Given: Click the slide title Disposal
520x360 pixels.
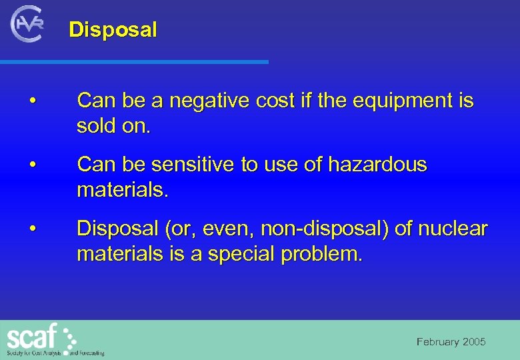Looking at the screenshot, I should click(113, 30).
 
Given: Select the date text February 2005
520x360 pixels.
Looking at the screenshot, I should click(451, 342).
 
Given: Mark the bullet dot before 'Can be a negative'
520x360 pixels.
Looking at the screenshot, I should click(32, 102).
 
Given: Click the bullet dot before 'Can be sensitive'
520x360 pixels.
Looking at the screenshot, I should click(32, 165).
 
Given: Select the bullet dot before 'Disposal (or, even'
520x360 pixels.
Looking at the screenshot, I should click(32, 229).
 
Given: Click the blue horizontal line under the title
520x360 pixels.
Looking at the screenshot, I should click(133, 62).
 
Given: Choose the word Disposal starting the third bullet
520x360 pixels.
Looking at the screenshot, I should click(114, 229).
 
